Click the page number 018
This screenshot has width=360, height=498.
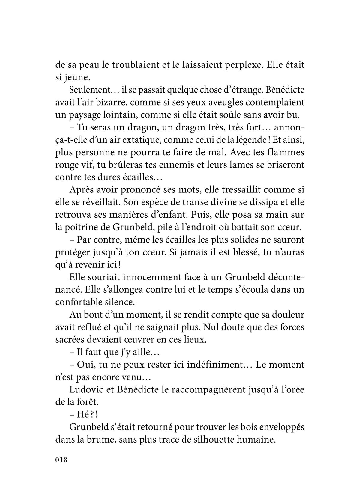62,460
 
